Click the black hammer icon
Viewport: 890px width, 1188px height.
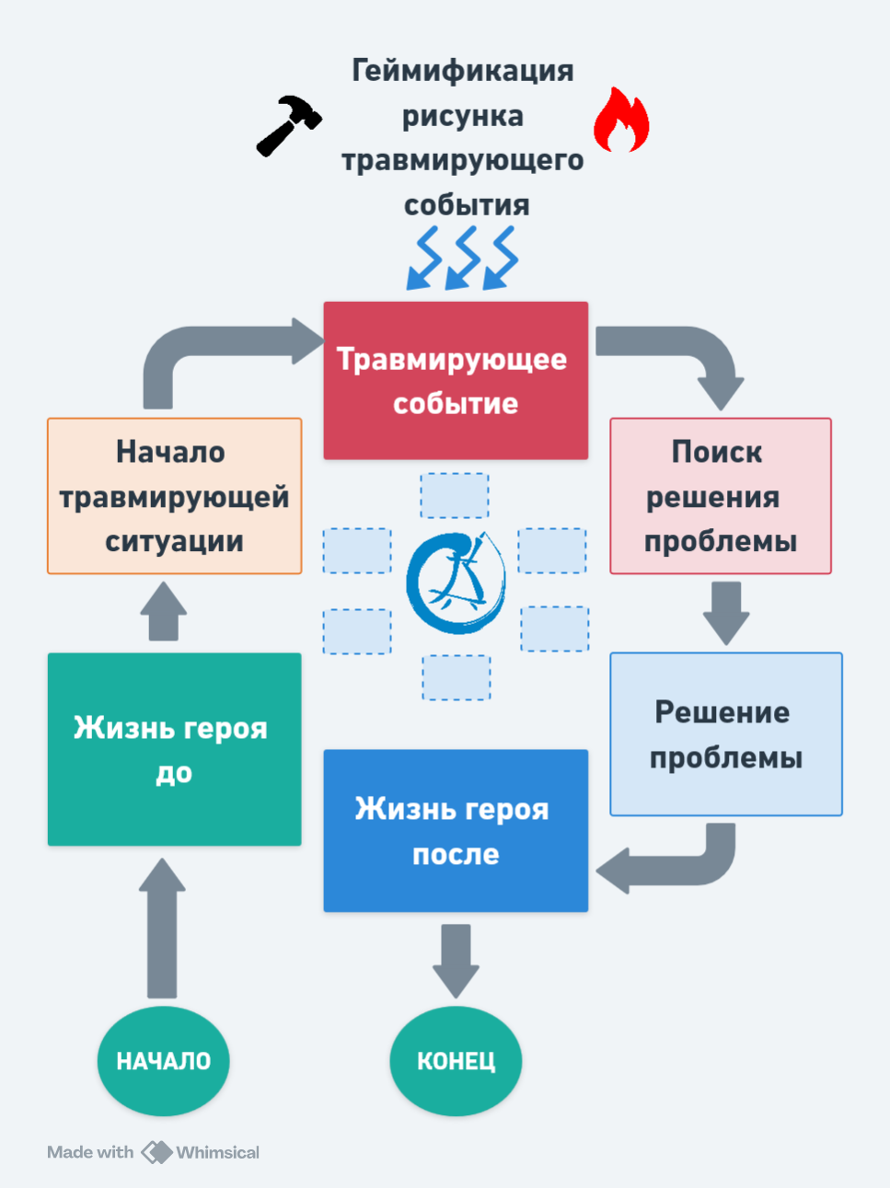point(288,125)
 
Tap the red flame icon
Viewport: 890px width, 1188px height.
point(621,121)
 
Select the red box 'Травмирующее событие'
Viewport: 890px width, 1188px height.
point(456,380)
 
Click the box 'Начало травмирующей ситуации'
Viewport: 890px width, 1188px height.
point(175,496)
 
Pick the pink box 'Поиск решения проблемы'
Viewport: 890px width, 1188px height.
point(721,496)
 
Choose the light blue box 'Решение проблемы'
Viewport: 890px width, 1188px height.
point(726,734)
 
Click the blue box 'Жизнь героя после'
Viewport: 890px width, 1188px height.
point(456,831)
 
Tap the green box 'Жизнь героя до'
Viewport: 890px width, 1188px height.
point(174,749)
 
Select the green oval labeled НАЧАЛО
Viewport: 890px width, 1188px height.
point(163,1061)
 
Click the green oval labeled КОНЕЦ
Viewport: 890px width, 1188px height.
point(456,1061)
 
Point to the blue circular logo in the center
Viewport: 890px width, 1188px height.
point(457,582)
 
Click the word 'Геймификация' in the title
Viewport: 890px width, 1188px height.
point(463,71)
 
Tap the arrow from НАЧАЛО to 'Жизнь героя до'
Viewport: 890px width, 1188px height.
point(162,929)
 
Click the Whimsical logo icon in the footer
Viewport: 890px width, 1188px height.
point(156,1152)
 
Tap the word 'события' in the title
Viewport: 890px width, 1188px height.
point(467,205)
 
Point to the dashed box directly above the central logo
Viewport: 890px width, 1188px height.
point(455,496)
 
